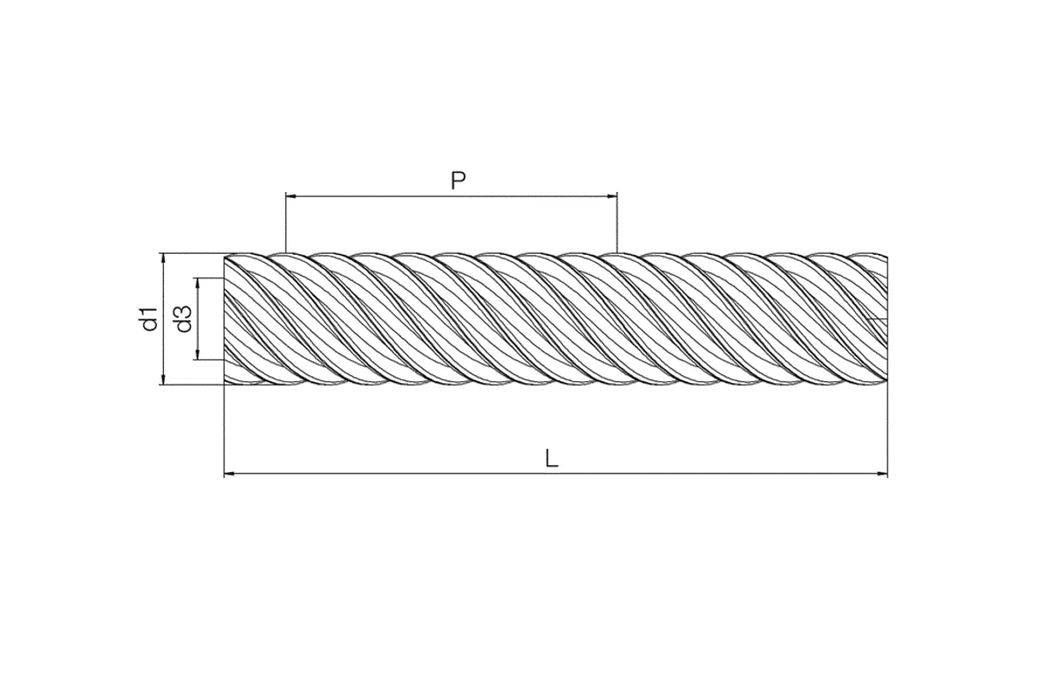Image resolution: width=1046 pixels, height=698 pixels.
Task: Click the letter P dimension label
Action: coord(458,181)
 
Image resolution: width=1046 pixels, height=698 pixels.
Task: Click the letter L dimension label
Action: coord(552,459)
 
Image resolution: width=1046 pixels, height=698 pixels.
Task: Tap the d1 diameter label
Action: coord(150,318)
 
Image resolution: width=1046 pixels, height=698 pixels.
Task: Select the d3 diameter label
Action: coord(184,318)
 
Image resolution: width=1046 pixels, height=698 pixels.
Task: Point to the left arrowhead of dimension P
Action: coord(290,197)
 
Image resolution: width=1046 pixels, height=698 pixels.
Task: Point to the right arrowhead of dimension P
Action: coord(612,197)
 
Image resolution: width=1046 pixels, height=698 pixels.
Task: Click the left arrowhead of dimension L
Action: coord(229,474)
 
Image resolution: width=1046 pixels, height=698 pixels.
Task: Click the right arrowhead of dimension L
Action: coord(882,474)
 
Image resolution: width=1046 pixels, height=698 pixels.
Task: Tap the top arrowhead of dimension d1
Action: coord(163,258)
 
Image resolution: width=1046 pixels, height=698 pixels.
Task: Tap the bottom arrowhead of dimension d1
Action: coord(163,380)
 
